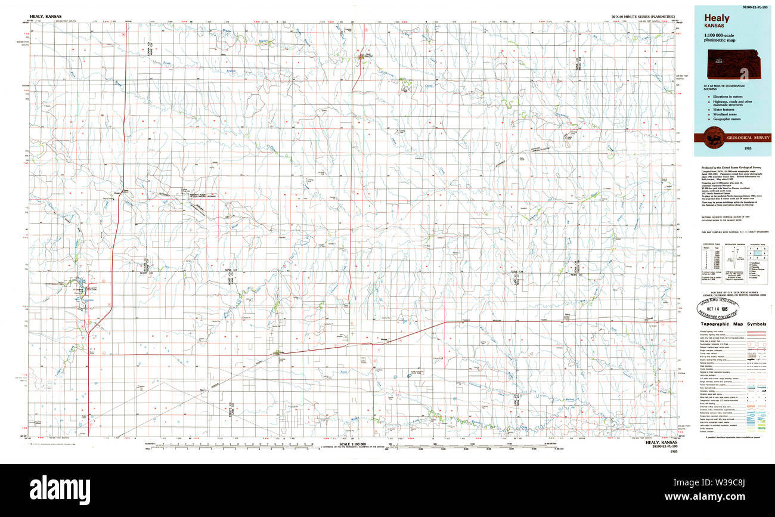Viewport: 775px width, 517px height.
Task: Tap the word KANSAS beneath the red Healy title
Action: point(714,26)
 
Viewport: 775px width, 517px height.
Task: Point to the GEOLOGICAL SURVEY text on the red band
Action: point(748,138)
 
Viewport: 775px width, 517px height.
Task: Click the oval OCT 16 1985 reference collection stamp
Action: point(719,309)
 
